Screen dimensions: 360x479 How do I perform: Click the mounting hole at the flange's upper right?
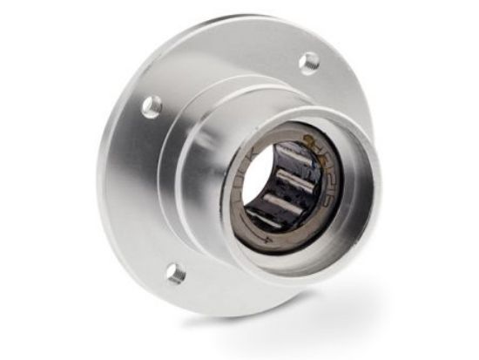click(x=309, y=62)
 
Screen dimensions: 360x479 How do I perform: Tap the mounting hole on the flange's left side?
click(x=152, y=106)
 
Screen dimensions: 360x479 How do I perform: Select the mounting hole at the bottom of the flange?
click(x=175, y=273)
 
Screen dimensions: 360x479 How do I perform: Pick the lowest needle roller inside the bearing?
click(x=266, y=220)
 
